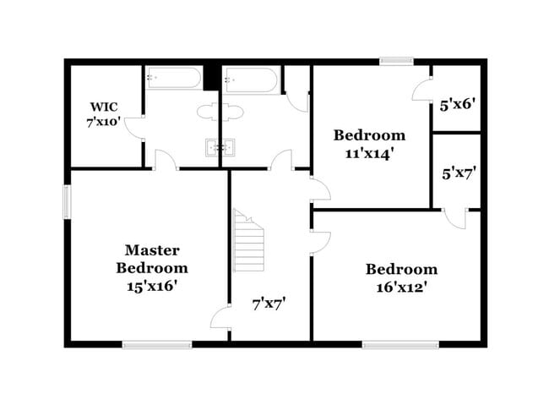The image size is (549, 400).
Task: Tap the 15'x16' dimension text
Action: tap(152, 285)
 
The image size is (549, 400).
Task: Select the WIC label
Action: tap(105, 107)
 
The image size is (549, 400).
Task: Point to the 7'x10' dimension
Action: tap(105, 122)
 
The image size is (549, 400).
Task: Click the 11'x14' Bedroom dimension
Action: tap(368, 153)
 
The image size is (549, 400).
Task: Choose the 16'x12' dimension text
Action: tap(401, 287)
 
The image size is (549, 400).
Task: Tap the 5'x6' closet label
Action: tap(459, 106)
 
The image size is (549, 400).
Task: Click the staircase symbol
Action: tap(249, 241)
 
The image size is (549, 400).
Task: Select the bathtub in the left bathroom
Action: tap(173, 79)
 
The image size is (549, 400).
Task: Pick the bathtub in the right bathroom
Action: tap(251, 81)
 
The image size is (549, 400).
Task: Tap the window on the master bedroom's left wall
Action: tap(67, 202)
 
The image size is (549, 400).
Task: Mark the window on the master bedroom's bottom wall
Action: tap(157, 343)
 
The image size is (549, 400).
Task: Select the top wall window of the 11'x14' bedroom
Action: tap(395, 61)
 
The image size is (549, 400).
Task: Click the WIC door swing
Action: tap(133, 129)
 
